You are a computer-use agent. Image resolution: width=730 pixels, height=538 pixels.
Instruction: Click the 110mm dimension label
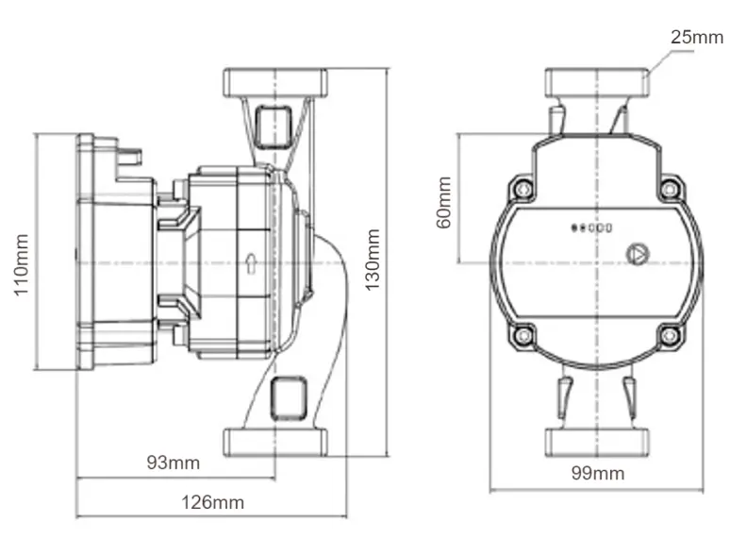pyautogui.click(x=22, y=266)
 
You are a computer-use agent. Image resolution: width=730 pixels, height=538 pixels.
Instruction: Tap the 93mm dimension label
pyautogui.click(x=174, y=462)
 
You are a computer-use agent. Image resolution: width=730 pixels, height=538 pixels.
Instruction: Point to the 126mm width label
pyautogui.click(x=214, y=502)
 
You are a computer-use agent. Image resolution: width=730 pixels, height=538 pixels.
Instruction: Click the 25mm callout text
pyautogui.click(x=696, y=38)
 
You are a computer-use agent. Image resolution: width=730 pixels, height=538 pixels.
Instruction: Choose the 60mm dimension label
pyautogui.click(x=444, y=201)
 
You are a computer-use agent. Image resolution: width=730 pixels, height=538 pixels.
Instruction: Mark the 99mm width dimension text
pyautogui.click(x=597, y=473)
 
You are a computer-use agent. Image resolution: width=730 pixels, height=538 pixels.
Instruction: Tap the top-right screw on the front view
pyautogui.click(x=669, y=189)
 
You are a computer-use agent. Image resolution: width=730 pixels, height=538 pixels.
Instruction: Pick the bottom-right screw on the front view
pyautogui.click(x=669, y=334)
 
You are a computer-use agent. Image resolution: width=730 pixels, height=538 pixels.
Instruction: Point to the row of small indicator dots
pyautogui.click(x=592, y=227)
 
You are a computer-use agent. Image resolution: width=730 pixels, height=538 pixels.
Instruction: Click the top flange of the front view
pyautogui.click(x=596, y=83)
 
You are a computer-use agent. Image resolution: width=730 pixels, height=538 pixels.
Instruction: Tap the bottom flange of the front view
pyautogui.click(x=596, y=441)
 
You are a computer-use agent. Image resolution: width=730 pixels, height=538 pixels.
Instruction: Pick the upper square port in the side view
pyautogui.click(x=274, y=126)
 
